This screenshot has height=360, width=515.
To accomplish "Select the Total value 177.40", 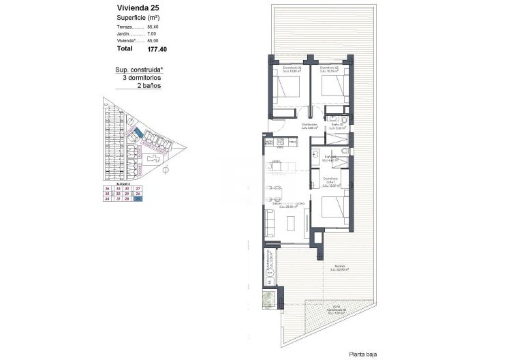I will tap(157, 49).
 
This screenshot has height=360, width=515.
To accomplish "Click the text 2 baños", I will tap(149, 87).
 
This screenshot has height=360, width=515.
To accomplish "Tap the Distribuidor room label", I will tap(310, 125).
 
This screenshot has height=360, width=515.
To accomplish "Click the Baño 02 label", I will tap(337, 125).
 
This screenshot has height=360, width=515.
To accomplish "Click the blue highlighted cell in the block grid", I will tap(138, 199).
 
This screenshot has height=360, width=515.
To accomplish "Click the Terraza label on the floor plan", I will tap(339, 267).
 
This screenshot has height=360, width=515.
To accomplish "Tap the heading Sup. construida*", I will tap(139, 70).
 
